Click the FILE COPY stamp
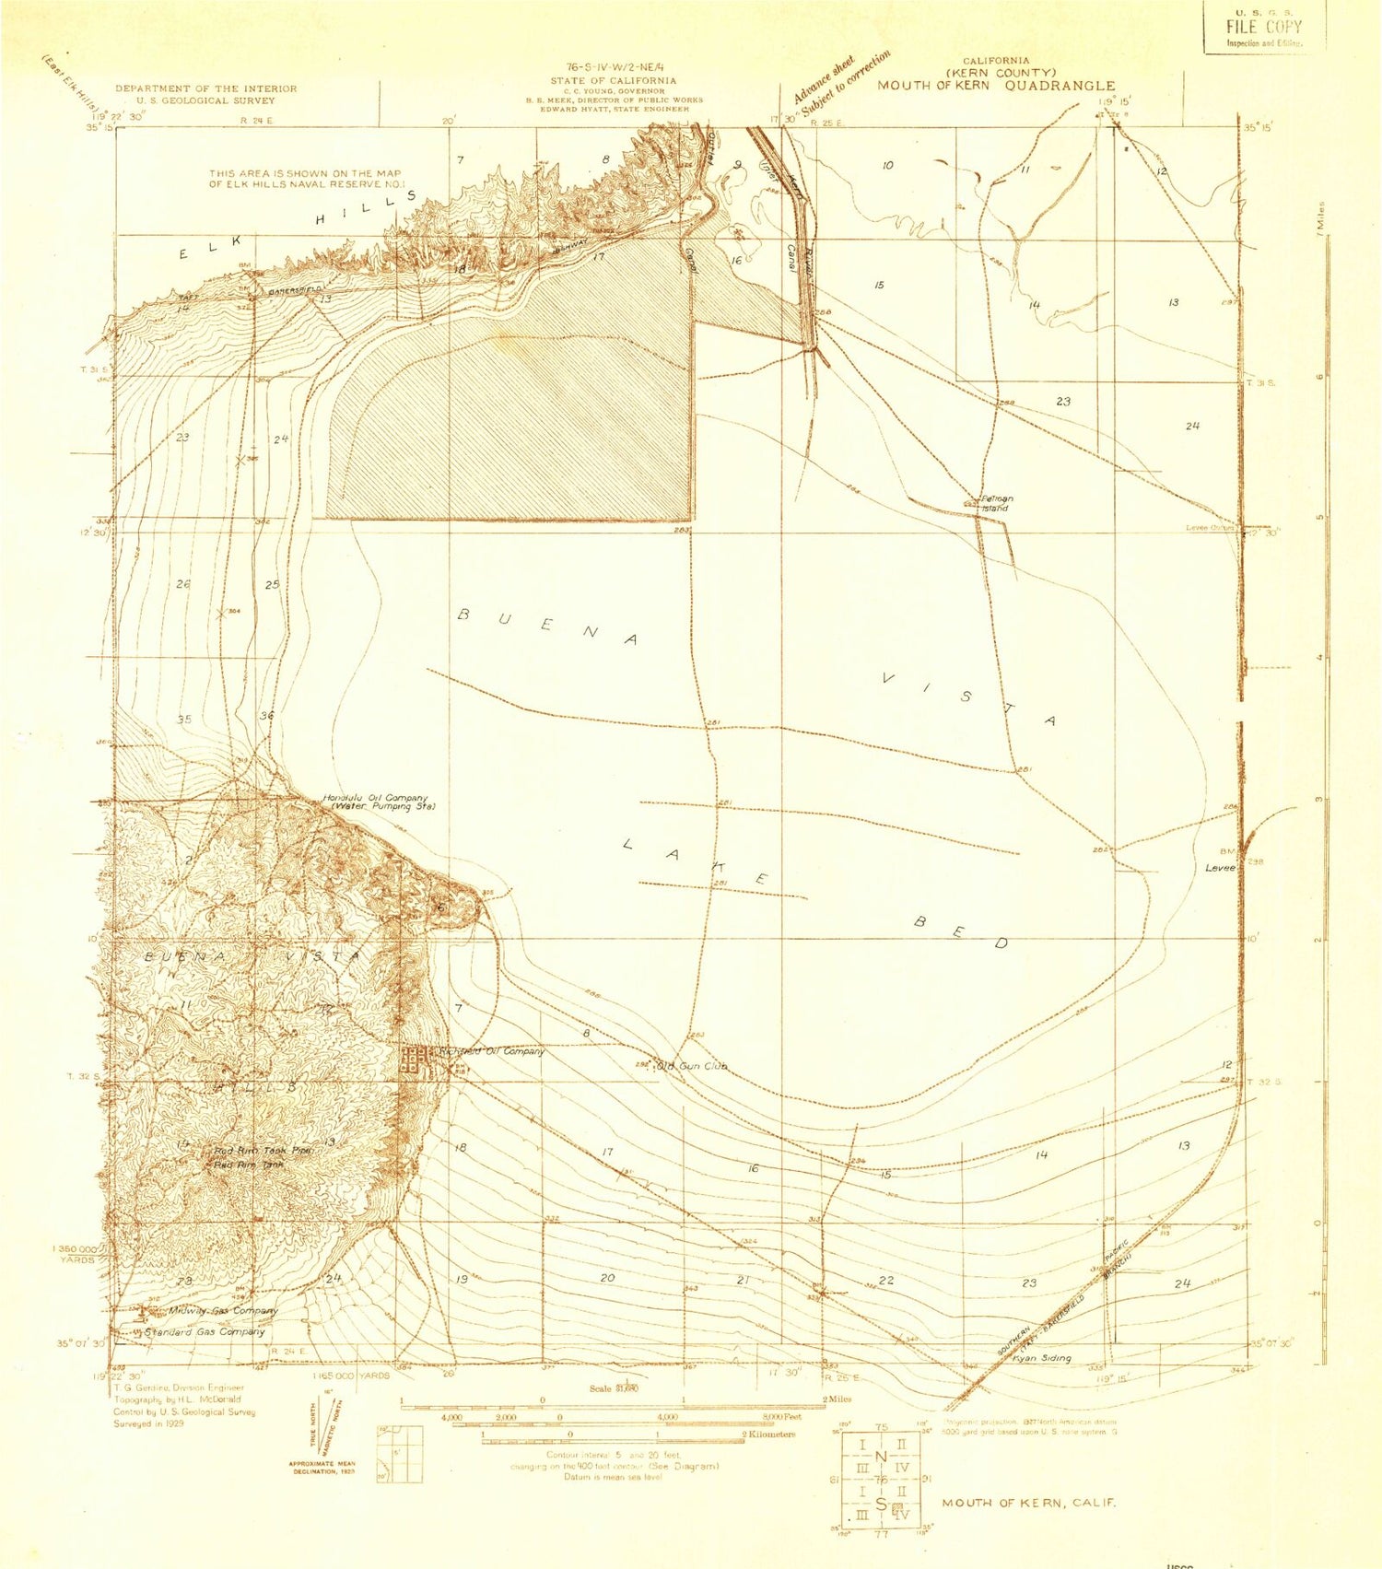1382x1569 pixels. [1264, 27]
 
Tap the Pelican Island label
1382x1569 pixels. [995, 504]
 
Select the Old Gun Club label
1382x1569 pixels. [691, 1066]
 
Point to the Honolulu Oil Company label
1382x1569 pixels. [376, 798]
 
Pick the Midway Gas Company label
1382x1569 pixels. [222, 1310]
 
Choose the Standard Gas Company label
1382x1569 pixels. [205, 1331]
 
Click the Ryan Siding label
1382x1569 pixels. [1041, 1358]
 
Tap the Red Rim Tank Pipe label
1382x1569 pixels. [264, 1151]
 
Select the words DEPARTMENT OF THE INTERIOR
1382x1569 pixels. [206, 88]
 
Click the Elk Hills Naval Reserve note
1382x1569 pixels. [305, 179]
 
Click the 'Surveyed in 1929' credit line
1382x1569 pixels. [149, 1423]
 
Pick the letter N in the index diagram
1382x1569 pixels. [882, 1456]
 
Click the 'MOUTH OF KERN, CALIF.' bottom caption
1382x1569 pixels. [1028, 1503]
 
